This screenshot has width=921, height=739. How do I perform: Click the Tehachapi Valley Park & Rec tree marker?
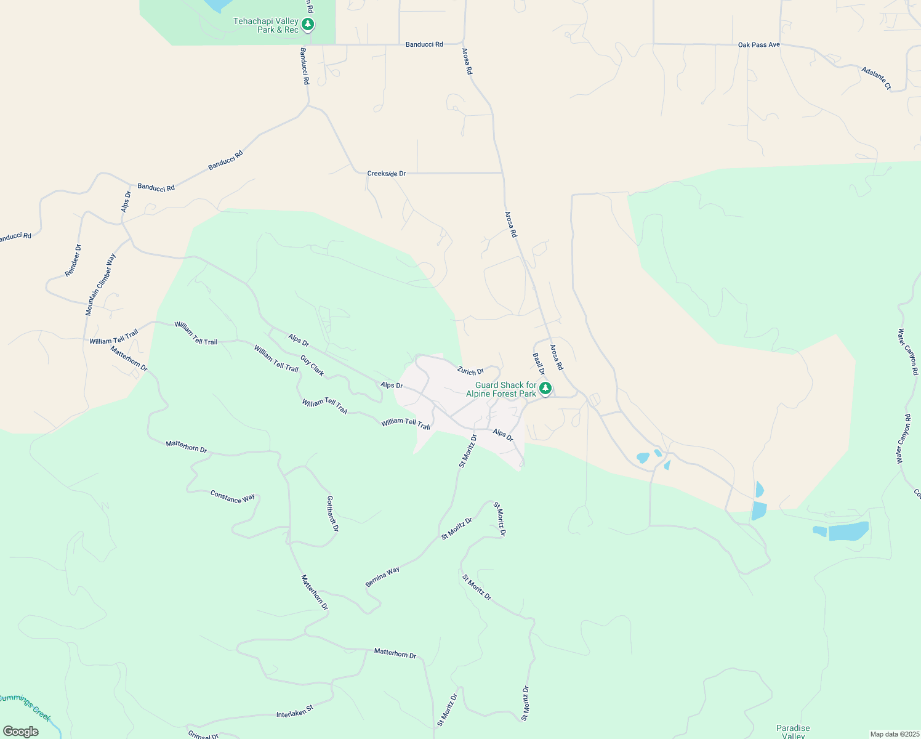pos(308,25)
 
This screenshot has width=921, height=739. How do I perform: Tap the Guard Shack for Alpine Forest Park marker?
pos(545,389)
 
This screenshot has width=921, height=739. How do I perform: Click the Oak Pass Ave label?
pos(758,45)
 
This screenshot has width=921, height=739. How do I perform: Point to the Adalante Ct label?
pos(876,79)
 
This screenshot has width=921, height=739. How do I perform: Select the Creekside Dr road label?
pos(387,174)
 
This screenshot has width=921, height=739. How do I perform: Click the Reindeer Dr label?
pos(73,260)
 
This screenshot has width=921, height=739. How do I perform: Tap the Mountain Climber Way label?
pos(100,285)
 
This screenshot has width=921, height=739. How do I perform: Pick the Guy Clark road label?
pos(312,366)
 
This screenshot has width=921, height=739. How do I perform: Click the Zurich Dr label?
pos(470,371)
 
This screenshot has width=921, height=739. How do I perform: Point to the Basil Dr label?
pos(539,363)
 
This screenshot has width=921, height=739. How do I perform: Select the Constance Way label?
pos(233,497)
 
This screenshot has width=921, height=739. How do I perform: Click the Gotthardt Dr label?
pos(332,514)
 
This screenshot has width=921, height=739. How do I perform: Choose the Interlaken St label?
pos(295,711)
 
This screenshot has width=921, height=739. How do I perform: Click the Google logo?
pos(21,732)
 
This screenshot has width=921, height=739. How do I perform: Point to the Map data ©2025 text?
pos(895,734)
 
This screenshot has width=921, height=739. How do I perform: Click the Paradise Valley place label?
pos(793,732)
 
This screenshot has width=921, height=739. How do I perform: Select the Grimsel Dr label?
pos(203,735)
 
